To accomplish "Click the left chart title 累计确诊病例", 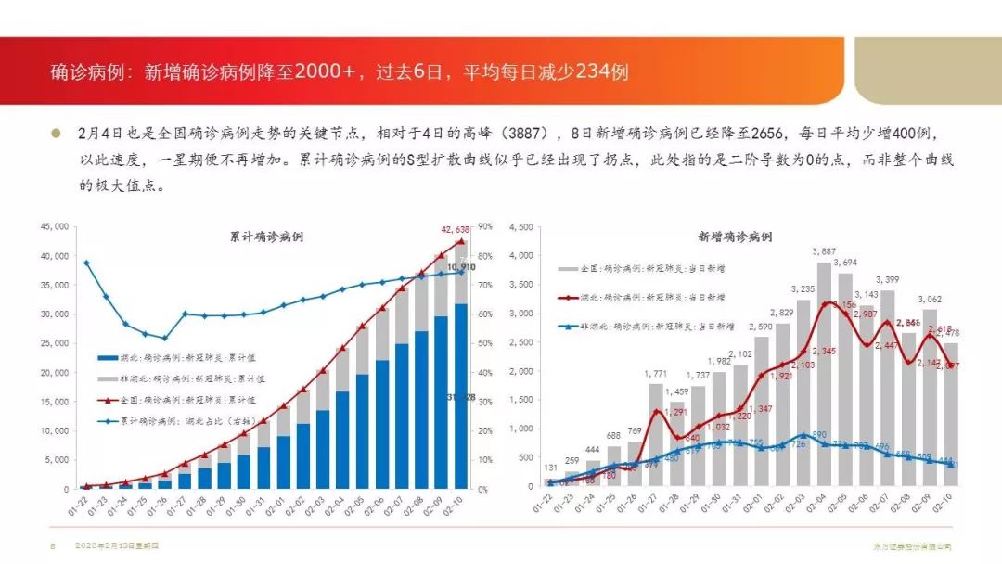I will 267,237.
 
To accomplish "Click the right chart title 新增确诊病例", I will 734,237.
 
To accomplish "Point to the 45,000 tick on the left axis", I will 55,226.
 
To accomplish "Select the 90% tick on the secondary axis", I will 484,226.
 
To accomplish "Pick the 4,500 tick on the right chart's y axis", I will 521,226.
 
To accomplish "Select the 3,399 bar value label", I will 888,279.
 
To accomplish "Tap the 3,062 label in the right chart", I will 930,300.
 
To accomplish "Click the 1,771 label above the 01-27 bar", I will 656,374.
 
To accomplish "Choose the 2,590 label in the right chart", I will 761,327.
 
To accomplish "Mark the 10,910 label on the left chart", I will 461,267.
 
